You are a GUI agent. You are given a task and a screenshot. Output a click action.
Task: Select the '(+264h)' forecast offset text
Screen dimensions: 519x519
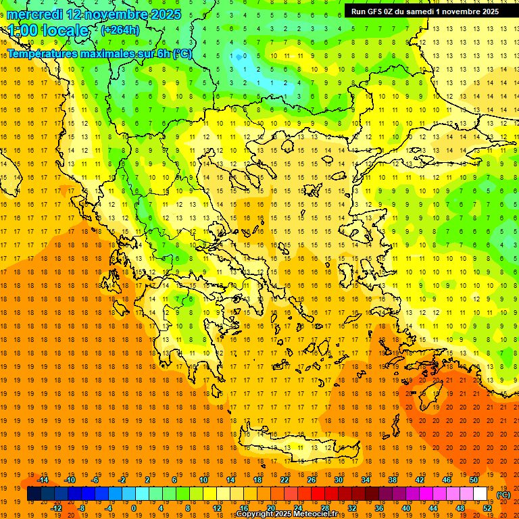tap(120, 30)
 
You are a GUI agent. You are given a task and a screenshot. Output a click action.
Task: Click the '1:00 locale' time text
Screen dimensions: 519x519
tap(49, 30)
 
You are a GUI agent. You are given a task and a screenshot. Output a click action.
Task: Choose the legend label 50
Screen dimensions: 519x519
tap(474, 480)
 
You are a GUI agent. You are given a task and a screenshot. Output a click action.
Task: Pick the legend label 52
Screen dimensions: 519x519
tap(487, 508)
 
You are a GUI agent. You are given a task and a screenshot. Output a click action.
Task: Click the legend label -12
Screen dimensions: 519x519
tap(56, 508)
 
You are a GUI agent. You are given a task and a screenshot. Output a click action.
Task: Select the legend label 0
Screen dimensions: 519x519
tap(134, 508)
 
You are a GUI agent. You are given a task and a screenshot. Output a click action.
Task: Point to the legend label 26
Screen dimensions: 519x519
tap(312, 480)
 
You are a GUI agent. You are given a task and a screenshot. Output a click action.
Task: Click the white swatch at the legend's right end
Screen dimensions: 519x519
tap(480, 494)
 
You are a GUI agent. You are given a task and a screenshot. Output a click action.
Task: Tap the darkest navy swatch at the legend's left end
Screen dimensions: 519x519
tap(34, 494)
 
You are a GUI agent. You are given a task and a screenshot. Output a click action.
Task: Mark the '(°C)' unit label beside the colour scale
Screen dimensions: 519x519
tap(503, 494)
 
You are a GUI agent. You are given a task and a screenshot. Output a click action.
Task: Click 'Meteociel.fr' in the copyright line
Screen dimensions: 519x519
tap(318, 514)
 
